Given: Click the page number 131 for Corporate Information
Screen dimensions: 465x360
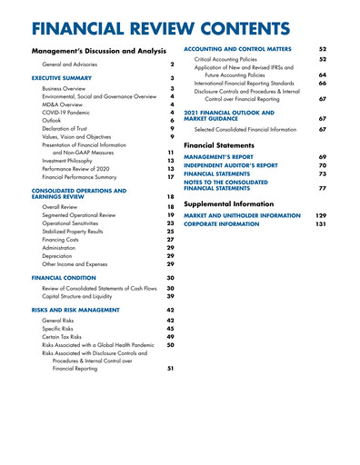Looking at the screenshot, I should tap(320, 223).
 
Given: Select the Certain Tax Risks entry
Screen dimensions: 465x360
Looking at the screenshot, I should tap(66, 337).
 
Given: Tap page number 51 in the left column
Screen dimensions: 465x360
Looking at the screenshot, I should tap(170, 370).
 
